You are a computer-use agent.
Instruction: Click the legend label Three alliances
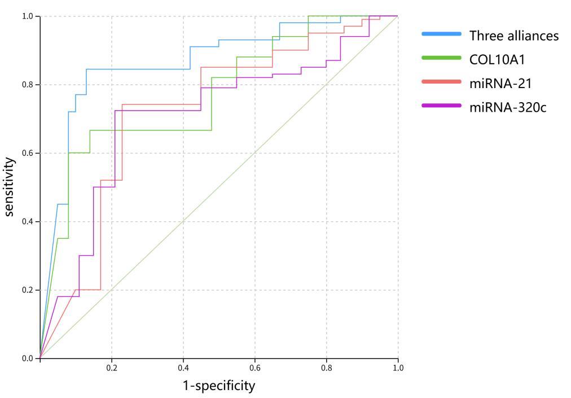(x=513, y=36)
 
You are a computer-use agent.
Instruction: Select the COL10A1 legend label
(x=497, y=59)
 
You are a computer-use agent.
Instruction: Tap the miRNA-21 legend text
(x=499, y=83)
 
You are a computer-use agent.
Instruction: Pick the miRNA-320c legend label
(x=508, y=107)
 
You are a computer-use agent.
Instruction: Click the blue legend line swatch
(x=441, y=34)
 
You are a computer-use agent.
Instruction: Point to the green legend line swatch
(x=441, y=58)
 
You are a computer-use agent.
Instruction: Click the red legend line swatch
(x=441, y=82)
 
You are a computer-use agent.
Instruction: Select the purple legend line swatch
(x=441, y=106)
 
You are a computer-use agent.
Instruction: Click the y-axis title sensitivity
(x=10, y=187)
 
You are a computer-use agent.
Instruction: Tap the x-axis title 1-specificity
(x=218, y=386)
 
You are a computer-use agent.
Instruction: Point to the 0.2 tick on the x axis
(x=112, y=368)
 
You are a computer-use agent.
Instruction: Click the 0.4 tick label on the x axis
(x=183, y=368)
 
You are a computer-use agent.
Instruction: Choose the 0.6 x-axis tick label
(x=255, y=368)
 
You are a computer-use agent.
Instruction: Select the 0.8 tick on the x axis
(x=327, y=368)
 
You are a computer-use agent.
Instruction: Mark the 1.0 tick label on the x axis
(x=398, y=368)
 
